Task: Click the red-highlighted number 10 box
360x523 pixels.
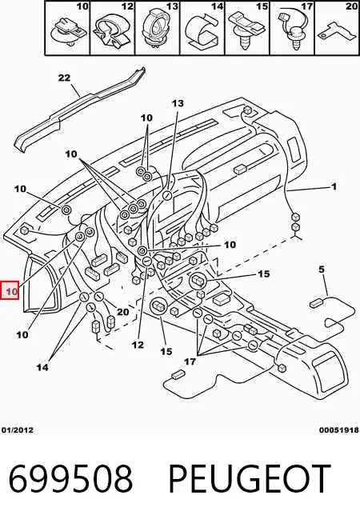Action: click(10, 290)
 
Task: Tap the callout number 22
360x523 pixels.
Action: click(64, 78)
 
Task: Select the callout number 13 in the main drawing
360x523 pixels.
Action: click(178, 103)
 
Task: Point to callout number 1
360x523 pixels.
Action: click(334, 186)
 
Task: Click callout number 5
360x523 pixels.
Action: click(322, 269)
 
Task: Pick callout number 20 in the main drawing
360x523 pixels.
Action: click(122, 312)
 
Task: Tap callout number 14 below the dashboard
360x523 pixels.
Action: click(42, 367)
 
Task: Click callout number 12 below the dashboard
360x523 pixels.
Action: click(138, 345)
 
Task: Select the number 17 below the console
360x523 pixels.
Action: click(190, 361)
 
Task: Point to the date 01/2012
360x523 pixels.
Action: click(18, 430)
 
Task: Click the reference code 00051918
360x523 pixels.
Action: click(339, 430)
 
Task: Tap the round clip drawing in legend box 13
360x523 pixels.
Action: click(156, 30)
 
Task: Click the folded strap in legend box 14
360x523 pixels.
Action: click(202, 30)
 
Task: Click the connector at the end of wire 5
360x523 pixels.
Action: click(315, 303)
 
